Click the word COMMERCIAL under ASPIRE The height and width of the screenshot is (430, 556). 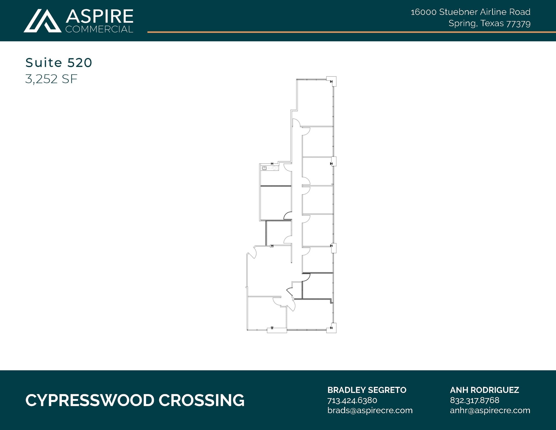(99, 29)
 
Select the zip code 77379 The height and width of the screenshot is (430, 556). (518, 24)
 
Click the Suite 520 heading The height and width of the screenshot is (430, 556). (59, 63)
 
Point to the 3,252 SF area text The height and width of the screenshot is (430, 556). (51, 79)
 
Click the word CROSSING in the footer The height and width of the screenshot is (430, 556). (201, 400)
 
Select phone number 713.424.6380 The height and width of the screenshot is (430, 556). (352, 400)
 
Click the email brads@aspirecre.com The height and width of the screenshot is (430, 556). (370, 410)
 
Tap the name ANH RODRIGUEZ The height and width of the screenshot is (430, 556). (484, 390)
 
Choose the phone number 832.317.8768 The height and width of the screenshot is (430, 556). (475, 400)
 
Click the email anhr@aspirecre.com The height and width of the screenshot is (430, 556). (490, 410)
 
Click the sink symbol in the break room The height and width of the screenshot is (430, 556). (264, 168)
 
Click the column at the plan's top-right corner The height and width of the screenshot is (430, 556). (331, 81)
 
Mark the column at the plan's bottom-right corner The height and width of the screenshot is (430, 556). (331, 328)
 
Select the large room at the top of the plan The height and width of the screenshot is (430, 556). (315, 103)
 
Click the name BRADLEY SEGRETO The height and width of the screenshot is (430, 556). (367, 390)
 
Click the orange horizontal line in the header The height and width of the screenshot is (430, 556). (350, 32)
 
